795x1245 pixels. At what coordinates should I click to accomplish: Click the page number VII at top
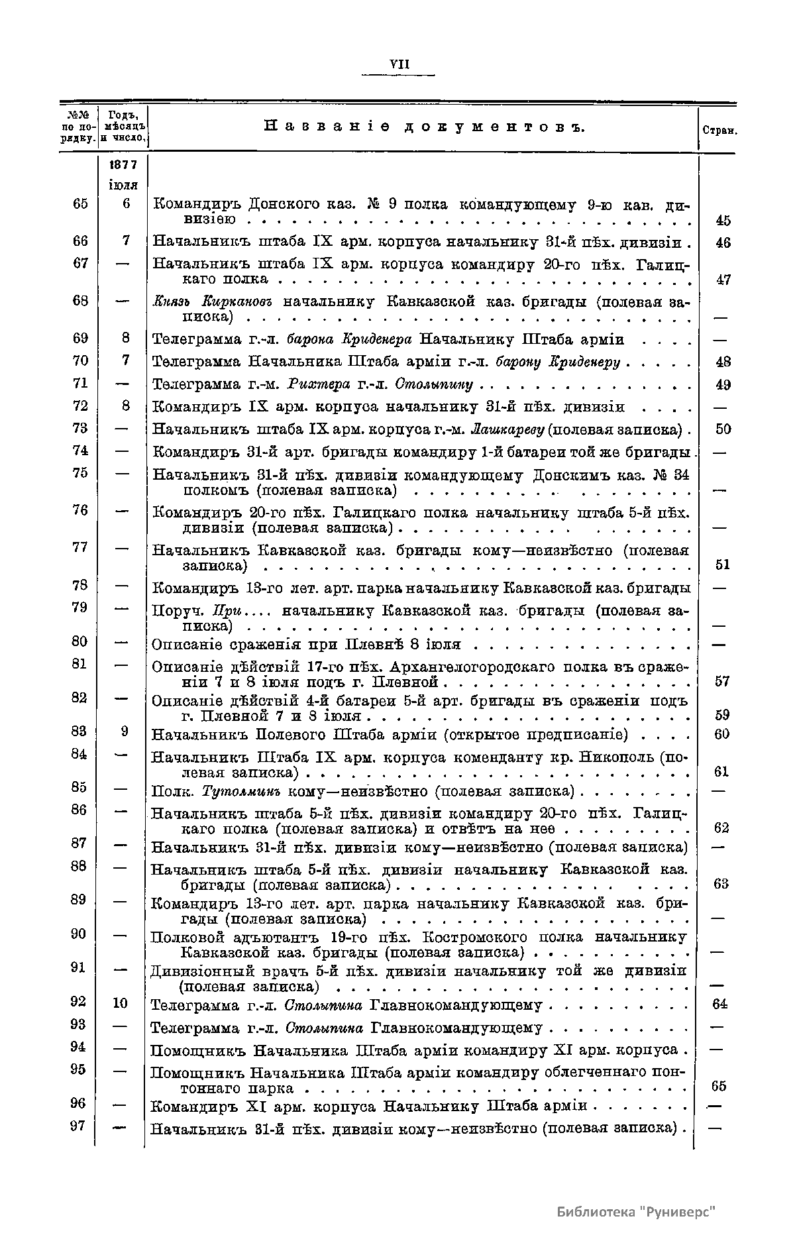399,64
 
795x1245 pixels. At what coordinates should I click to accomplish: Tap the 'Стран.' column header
719,131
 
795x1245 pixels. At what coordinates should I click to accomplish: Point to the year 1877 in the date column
124,165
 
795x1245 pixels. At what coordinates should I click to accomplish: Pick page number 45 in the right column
723,221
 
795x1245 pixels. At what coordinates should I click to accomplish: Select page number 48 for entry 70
723,362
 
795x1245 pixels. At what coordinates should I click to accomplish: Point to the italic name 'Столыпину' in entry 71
434,384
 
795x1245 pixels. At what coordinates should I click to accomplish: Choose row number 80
79,641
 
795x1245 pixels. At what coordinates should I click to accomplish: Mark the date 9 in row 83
124,731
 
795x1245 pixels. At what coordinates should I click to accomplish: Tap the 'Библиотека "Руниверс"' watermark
637,1211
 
